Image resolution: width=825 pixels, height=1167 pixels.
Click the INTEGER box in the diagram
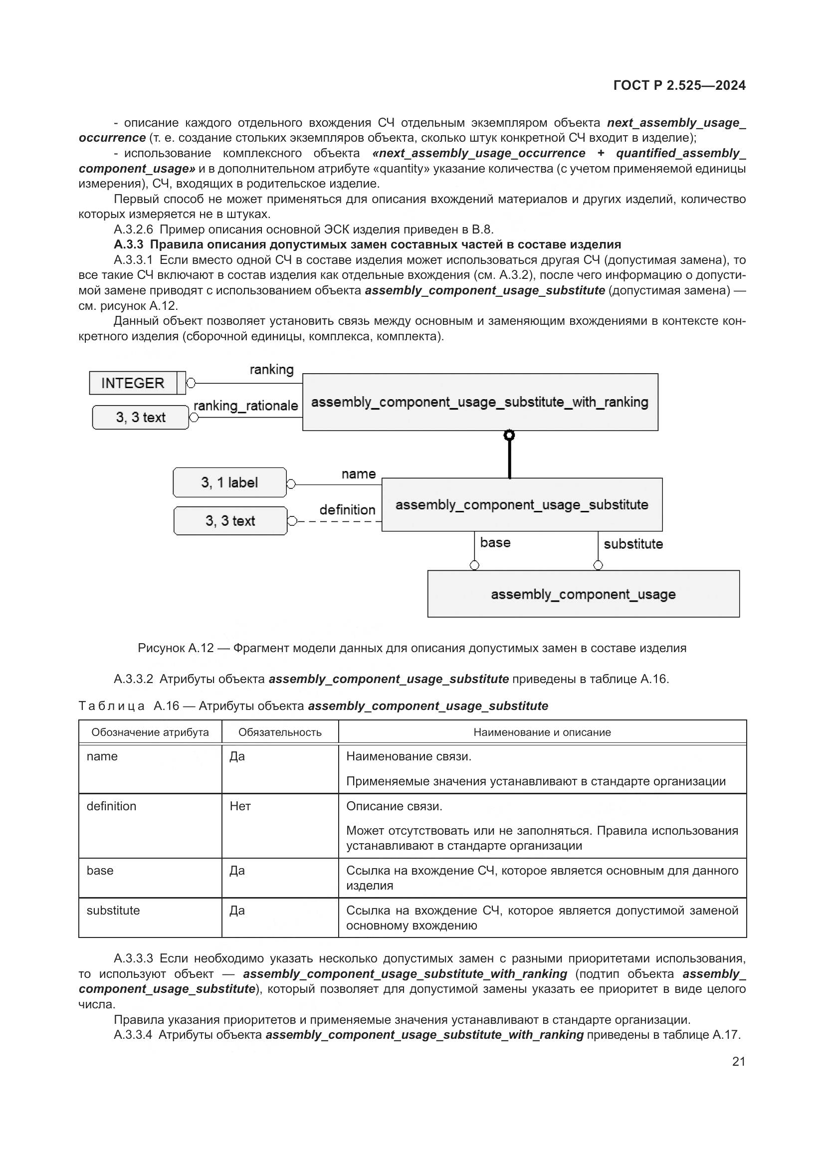133,383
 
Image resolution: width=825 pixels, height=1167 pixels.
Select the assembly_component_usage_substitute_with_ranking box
479,402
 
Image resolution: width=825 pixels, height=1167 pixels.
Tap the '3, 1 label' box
229,482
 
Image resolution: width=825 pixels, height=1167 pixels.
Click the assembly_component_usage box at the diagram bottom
583,594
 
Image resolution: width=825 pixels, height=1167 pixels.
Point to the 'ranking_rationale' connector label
245,406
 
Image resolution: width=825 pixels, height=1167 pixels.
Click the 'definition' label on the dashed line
348,510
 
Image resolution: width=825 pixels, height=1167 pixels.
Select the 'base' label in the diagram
495,542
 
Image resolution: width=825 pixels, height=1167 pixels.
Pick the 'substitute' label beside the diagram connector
633,544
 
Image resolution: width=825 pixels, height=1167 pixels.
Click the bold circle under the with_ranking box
509,435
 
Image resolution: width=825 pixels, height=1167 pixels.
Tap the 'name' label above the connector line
359,473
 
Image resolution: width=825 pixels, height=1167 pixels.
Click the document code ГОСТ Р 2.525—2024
679,85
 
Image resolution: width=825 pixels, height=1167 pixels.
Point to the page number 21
739,1061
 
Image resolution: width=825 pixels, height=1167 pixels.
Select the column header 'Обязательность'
280,732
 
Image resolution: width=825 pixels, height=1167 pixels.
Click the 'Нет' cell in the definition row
240,806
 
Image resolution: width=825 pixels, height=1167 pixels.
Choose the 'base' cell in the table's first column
100,871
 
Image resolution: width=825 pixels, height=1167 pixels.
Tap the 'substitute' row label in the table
113,911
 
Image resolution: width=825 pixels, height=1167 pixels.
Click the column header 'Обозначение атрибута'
150,732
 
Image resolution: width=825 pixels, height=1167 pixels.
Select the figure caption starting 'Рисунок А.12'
412,648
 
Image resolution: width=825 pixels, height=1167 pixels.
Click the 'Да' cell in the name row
237,756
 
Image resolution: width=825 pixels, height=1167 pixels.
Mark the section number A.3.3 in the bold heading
129,244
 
